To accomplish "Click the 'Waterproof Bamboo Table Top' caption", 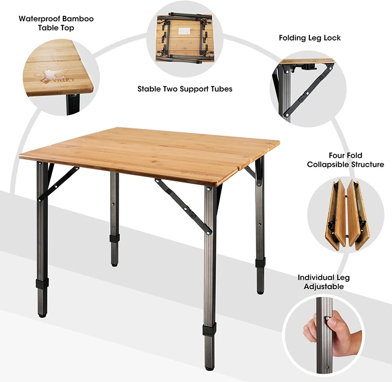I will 56,23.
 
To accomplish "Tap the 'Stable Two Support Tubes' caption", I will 185,88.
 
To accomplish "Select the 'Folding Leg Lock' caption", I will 310,38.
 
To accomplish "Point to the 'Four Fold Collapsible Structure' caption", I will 345,160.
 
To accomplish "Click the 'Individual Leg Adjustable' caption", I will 323,282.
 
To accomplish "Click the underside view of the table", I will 185,38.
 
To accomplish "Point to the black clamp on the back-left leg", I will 114,238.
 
